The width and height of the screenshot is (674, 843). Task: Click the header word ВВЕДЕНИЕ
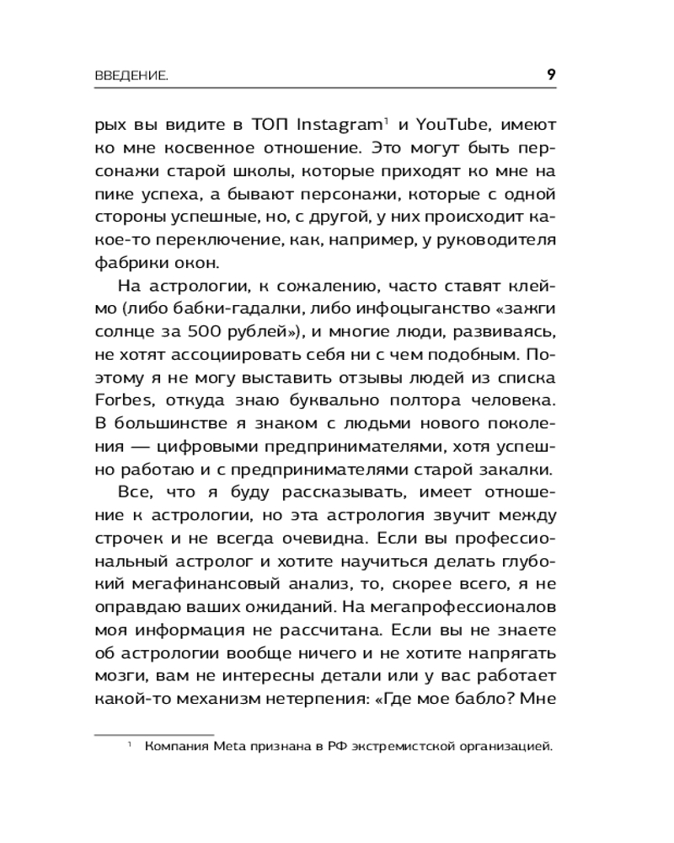[130, 77]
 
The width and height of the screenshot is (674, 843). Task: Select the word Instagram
[339, 125]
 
